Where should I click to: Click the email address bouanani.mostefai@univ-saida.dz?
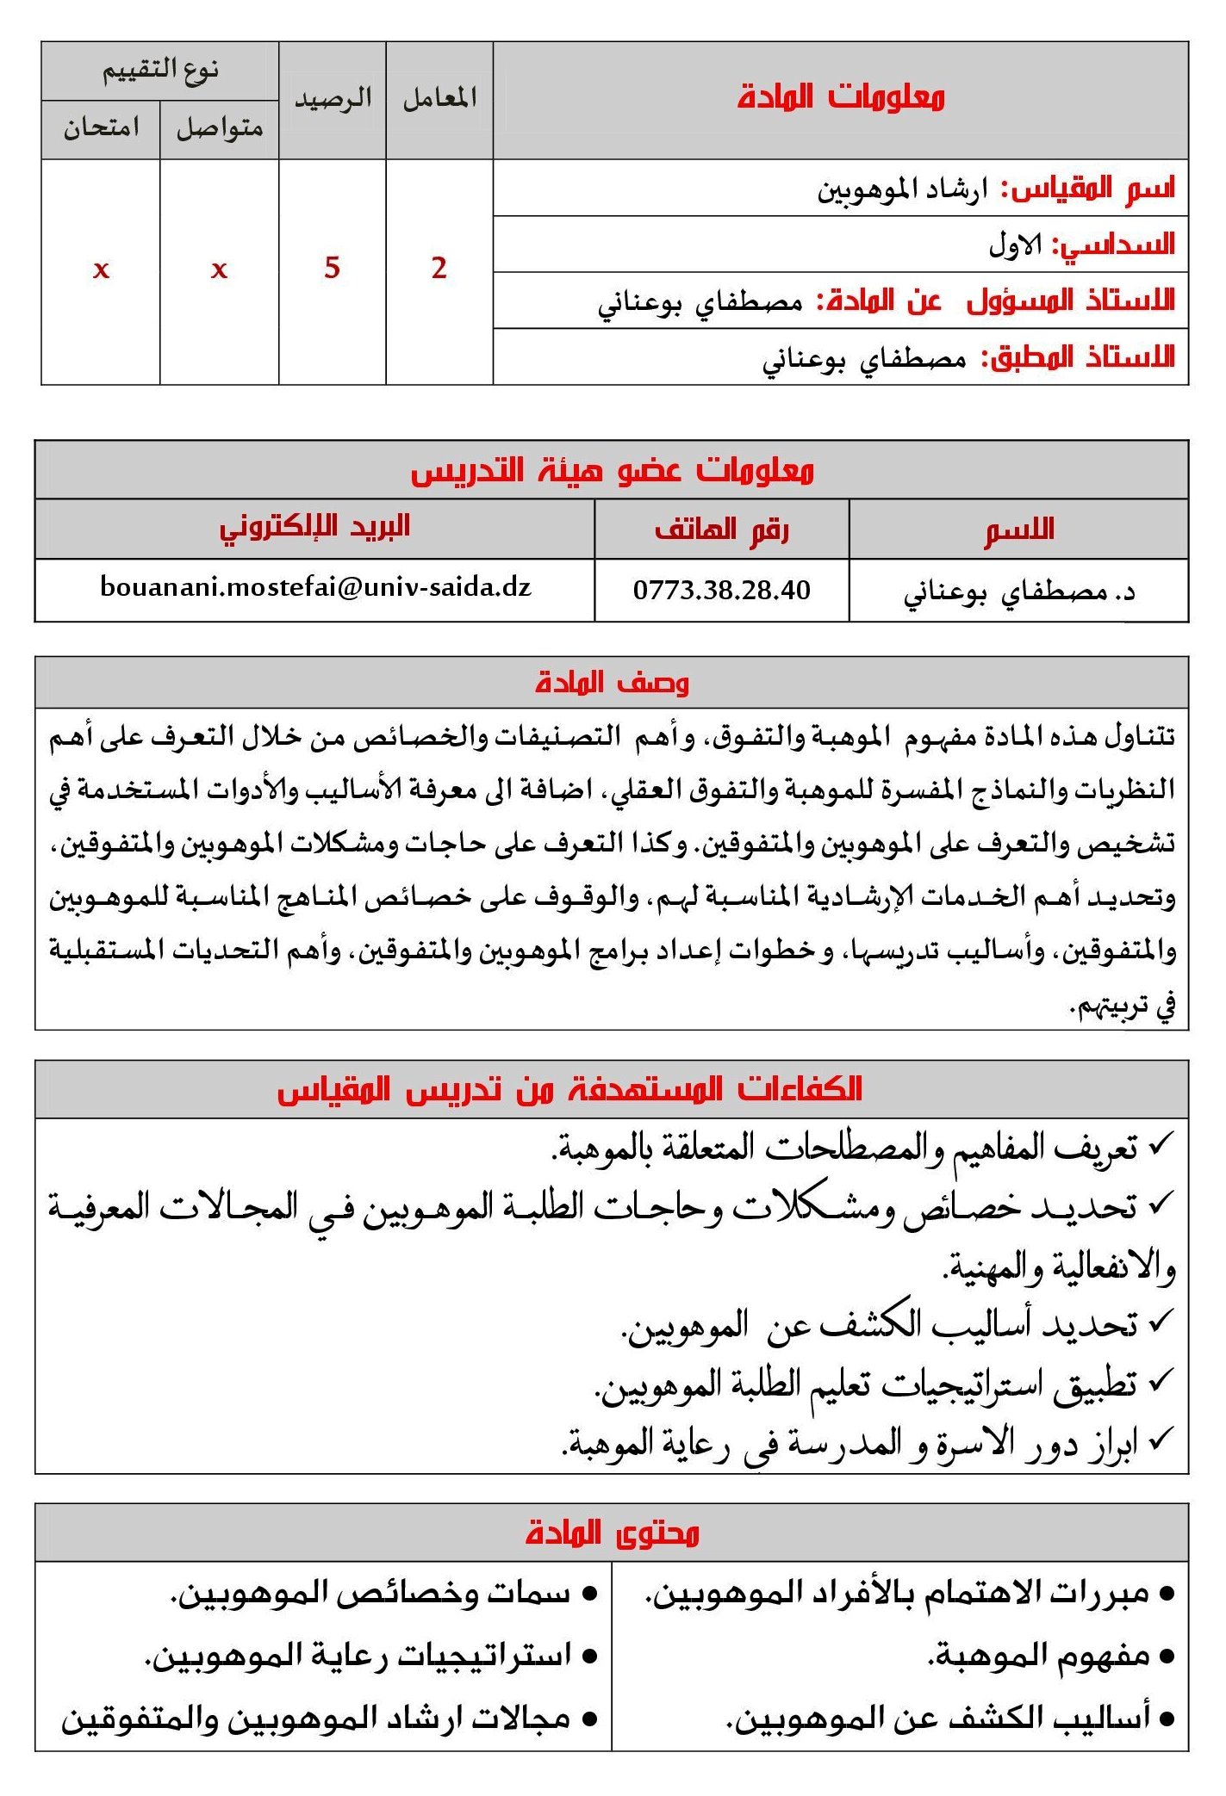[315, 587]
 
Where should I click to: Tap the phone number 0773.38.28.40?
[721, 590]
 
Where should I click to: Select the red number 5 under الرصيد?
[333, 268]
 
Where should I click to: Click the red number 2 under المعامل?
[439, 268]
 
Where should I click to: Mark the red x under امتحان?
[101, 270]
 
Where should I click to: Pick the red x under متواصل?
[220, 270]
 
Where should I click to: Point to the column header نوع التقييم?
[160, 70]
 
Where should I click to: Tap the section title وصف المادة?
[612, 683]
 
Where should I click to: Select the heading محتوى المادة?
[612, 1533]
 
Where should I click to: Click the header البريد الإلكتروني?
[314, 527]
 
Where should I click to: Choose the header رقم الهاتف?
[721, 529]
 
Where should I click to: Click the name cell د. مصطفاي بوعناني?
[1018, 591]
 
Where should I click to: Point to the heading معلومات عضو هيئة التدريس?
[612, 470]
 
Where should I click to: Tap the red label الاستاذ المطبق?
[1079, 356]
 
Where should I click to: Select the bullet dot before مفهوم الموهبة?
[1167, 1657]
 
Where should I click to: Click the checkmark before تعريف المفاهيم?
[1161, 1144]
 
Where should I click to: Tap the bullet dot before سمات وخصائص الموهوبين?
[590, 1595]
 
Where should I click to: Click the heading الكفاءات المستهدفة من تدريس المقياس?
[569, 1089]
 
